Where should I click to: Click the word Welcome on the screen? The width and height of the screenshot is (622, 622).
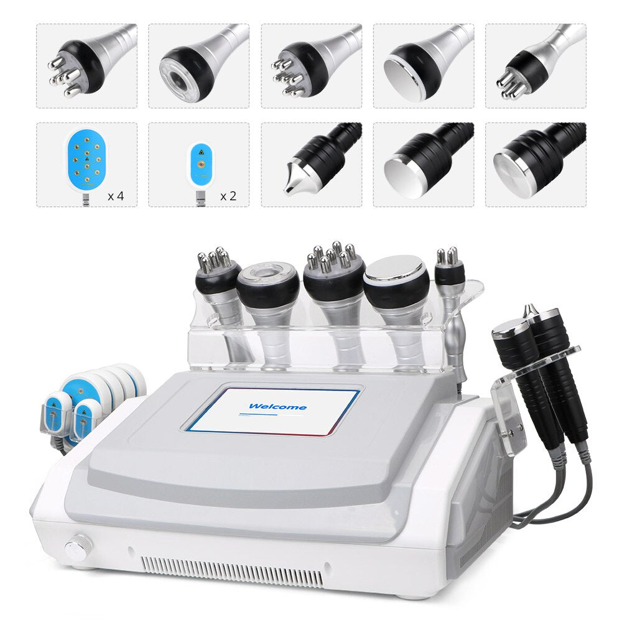[277, 407]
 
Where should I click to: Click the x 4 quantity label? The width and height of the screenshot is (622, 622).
[116, 196]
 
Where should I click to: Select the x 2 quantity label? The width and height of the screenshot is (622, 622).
[228, 196]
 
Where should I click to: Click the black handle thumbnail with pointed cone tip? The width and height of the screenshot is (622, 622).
[311, 164]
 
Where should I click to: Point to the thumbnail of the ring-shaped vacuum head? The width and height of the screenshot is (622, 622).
[198, 66]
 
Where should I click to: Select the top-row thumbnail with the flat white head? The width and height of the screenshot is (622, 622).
[423, 66]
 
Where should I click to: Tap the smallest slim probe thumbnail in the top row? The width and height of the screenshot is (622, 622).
[535, 66]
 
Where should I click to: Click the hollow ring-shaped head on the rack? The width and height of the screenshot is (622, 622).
[268, 283]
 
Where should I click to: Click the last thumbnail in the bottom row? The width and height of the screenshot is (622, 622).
[535, 164]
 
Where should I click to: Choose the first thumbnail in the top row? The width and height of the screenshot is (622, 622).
[86, 66]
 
